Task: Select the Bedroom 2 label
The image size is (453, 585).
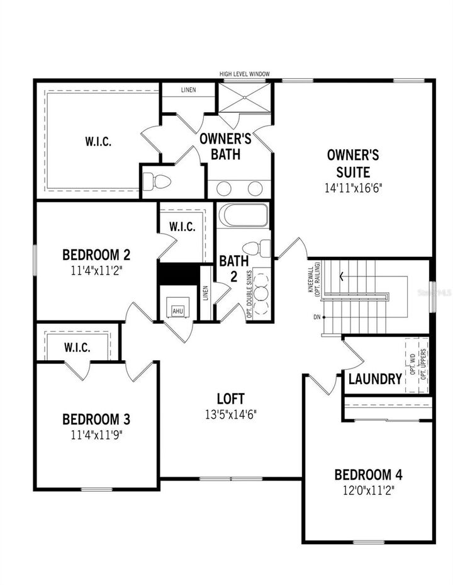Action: (x=96, y=254)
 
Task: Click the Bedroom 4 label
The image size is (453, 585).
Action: (x=368, y=474)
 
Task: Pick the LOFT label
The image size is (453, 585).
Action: (x=230, y=399)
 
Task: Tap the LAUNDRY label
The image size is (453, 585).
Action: (x=375, y=378)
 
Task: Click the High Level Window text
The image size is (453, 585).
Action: (x=244, y=74)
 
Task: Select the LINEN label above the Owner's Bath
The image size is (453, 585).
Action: (x=188, y=90)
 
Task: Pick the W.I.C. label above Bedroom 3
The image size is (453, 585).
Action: (x=77, y=347)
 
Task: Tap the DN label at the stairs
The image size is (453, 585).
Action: (x=316, y=317)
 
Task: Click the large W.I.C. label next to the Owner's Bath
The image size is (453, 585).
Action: (x=98, y=141)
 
